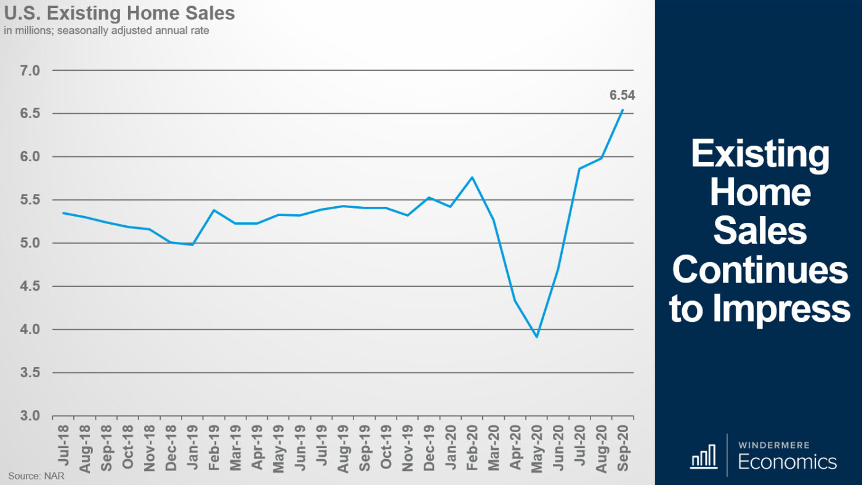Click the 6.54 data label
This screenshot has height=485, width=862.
[622, 95]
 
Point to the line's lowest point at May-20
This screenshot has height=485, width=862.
[537, 337]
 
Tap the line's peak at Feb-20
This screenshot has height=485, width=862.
[472, 177]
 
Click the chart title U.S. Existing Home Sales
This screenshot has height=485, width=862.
[119, 12]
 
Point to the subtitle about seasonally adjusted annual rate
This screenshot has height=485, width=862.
[106, 30]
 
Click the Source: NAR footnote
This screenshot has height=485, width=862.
[36, 475]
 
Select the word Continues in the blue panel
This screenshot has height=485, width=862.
[760, 270]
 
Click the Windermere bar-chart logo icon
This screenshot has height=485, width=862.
[704, 456]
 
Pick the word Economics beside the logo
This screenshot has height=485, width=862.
[787, 462]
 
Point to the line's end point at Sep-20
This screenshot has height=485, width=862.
[622, 110]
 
